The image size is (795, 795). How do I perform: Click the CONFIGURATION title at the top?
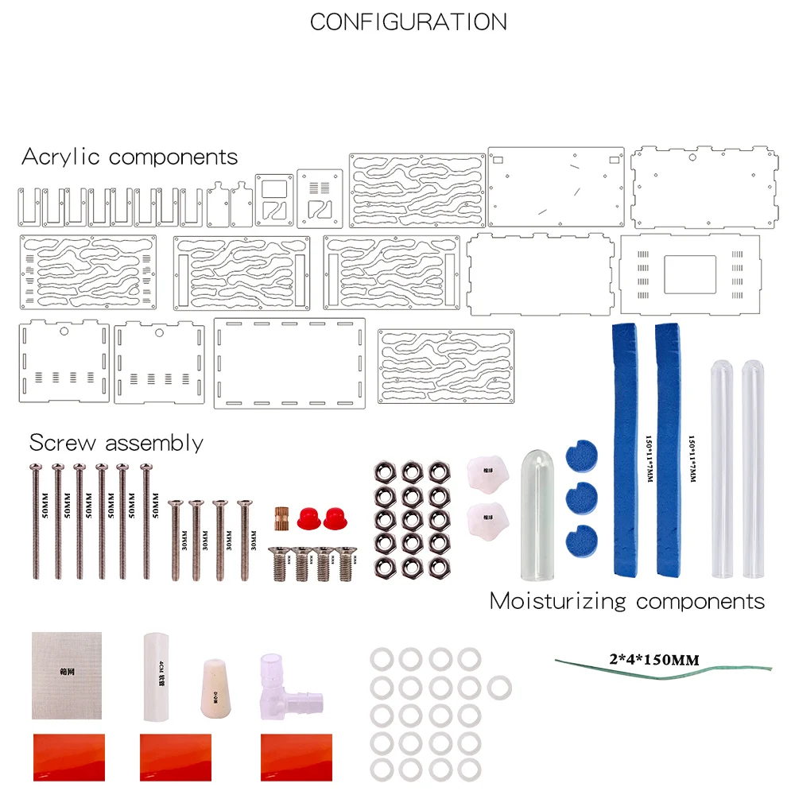[x=408, y=21]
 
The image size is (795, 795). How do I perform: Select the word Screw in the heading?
[x=63, y=442]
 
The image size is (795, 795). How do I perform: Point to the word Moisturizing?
[x=557, y=601]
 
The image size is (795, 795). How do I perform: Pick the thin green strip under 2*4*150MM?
[x=663, y=672]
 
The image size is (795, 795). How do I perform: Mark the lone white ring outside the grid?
[x=498, y=687]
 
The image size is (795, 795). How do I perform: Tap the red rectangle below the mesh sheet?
[x=68, y=757]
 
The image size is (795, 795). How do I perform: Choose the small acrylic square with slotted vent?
[x=320, y=197]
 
